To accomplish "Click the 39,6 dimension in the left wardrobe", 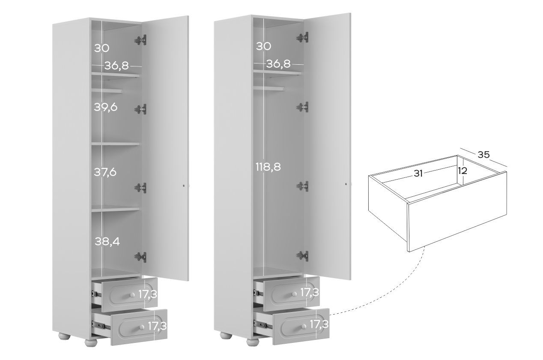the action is point(106,107).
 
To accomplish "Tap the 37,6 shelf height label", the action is point(105,172).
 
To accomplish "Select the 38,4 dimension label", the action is point(107,242).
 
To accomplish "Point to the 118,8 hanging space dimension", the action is point(268,167).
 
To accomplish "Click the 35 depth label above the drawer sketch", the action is point(483,155).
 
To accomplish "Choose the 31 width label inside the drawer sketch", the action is point(418,174).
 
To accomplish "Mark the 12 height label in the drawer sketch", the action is point(462,171).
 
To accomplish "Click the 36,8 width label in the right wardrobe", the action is point(278,64).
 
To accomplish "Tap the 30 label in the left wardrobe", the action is point(101,48).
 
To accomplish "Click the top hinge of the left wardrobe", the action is point(140,40).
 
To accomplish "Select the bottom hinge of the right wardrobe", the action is point(302,256).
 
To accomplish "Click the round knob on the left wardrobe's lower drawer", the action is point(142,327).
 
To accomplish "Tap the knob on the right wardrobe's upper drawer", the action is point(294,294).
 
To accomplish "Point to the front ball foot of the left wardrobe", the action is point(91,342).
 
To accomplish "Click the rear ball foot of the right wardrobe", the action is point(226,336).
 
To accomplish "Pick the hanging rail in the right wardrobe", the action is point(269,89).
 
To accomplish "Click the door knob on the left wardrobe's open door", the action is point(184,186).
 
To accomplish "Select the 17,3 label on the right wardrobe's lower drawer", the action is point(319,324).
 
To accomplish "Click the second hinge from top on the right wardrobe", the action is point(302,107).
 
